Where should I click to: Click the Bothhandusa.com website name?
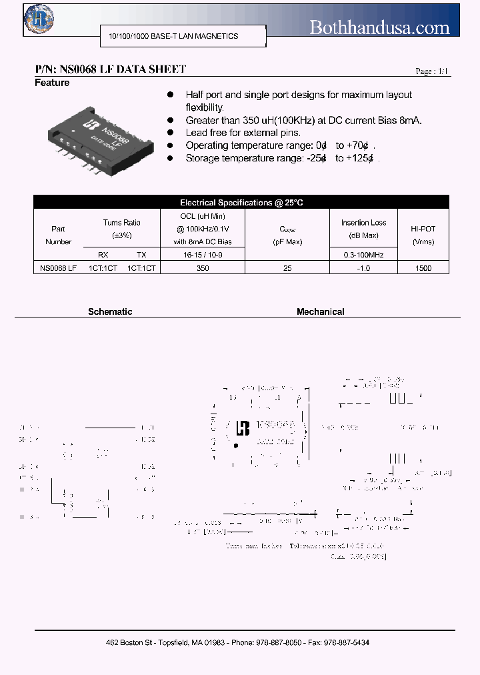click(380, 27)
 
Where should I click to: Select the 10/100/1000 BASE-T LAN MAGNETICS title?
click(173, 36)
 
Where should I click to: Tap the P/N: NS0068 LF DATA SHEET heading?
click(110, 69)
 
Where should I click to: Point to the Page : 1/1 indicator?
click(433, 71)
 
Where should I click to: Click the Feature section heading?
click(52, 83)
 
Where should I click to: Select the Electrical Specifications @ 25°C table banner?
click(241, 202)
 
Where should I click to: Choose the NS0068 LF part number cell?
click(59, 267)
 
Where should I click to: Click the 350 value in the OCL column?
click(203, 267)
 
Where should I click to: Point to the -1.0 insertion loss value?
click(363, 267)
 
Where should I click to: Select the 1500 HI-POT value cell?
click(423, 267)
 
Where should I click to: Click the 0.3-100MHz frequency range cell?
click(363, 255)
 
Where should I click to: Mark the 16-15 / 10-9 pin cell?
click(203, 255)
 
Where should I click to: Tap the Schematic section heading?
click(110, 311)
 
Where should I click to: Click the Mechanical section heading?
click(321, 311)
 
